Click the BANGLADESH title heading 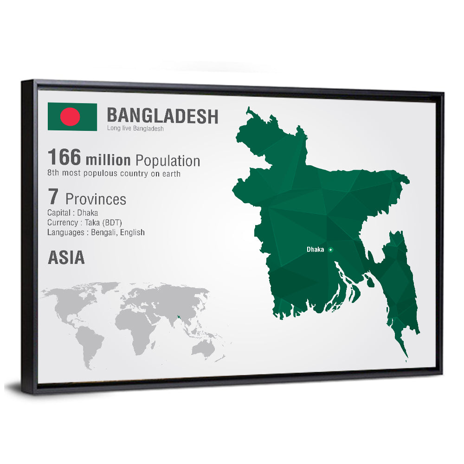pyautogui.click(x=162, y=116)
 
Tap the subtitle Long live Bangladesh pyautogui.click(x=135, y=129)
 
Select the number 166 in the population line pyautogui.click(x=64, y=157)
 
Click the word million pyautogui.click(x=108, y=160)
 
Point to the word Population pyautogui.click(x=168, y=161)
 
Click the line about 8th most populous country pyautogui.click(x=114, y=173)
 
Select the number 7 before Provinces pyautogui.click(x=53, y=197)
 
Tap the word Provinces pyautogui.click(x=96, y=199)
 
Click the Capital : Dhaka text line pyautogui.click(x=72, y=213)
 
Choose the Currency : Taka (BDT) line pyautogui.click(x=84, y=223)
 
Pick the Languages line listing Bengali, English pyautogui.click(x=96, y=232)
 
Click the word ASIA pyautogui.click(x=66, y=258)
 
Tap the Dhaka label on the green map pyautogui.click(x=315, y=250)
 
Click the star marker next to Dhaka pyautogui.click(x=330, y=250)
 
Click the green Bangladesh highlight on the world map pyautogui.click(x=178, y=318)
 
